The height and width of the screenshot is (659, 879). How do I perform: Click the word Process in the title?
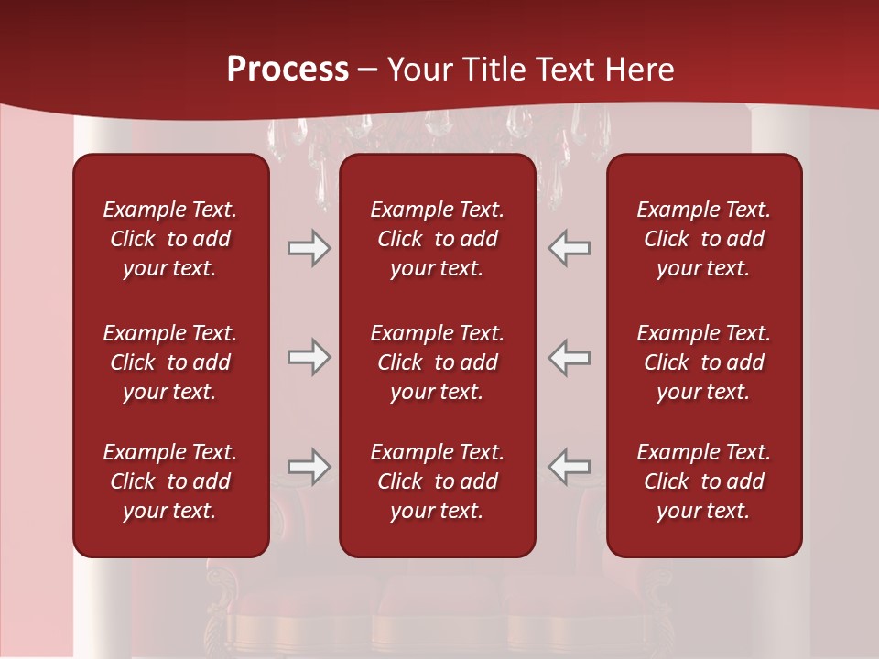tap(288, 70)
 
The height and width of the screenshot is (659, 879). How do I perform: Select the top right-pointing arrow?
tap(309, 248)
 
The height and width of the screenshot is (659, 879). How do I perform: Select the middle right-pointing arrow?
tap(309, 357)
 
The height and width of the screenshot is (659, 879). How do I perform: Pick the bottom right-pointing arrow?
tap(309, 467)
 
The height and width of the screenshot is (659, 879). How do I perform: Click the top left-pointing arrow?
tap(570, 248)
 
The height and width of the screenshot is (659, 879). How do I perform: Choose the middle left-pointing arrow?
tap(570, 357)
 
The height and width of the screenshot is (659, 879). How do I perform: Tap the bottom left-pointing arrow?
tap(570, 467)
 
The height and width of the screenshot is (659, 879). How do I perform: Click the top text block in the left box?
tap(170, 239)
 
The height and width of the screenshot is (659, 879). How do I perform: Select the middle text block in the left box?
tap(170, 362)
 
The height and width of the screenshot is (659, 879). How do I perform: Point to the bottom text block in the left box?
tap(170, 481)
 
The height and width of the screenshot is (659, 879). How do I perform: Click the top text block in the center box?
tap(437, 239)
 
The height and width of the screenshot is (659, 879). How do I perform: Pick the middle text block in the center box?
tap(437, 362)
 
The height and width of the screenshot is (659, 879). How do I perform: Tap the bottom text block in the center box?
tap(437, 481)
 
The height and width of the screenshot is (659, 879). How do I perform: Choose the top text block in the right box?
tap(703, 239)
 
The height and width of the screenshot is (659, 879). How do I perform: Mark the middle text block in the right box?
tap(703, 362)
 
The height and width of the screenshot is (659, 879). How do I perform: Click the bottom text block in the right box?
tap(703, 481)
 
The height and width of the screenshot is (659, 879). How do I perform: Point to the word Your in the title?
tap(418, 70)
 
